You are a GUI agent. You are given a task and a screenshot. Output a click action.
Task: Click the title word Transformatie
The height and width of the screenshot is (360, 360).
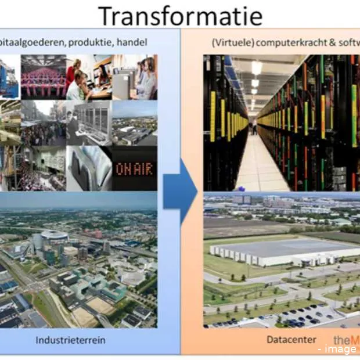point(179,16)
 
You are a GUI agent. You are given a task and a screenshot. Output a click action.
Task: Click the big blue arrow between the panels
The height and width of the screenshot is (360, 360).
point(180,192)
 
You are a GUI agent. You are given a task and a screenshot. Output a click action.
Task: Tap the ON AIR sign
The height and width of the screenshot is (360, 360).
point(135,169)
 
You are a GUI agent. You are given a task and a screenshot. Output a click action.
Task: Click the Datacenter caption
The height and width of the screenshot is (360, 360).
point(283,340)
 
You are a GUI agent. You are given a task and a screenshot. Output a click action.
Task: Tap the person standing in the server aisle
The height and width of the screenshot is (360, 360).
point(254,127)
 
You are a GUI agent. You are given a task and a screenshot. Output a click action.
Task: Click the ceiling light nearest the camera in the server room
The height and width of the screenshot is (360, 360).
point(256,67)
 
